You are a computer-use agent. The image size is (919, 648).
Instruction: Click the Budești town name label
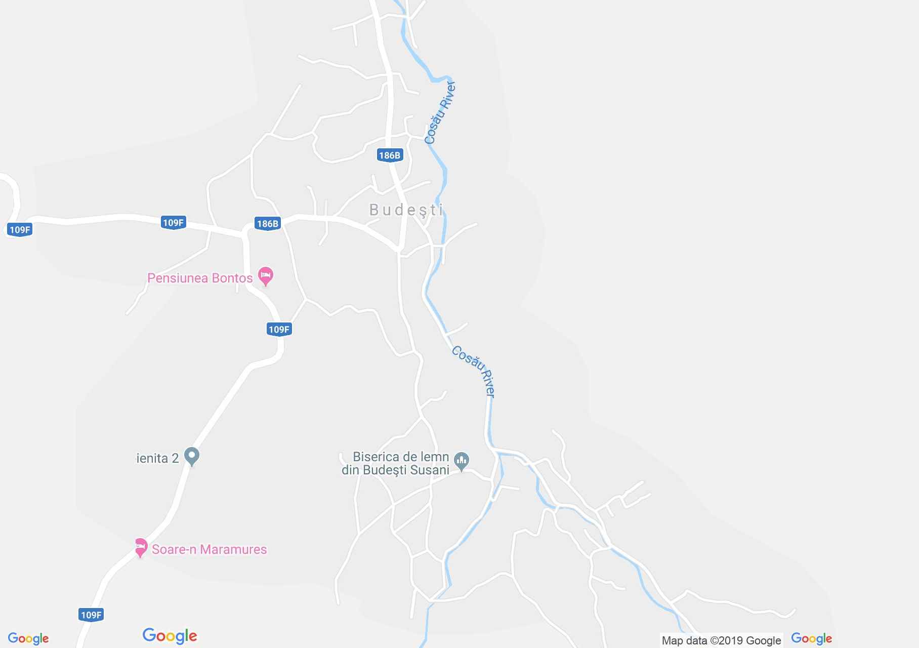click(406, 210)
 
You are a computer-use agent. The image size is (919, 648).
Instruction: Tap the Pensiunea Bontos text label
click(200, 278)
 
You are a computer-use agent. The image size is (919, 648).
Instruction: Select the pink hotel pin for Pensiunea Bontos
click(266, 276)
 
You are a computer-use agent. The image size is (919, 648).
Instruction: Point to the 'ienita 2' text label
click(157, 459)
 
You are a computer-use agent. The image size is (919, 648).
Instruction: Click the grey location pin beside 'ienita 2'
click(191, 456)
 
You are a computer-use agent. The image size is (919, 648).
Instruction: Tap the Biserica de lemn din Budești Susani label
click(396, 463)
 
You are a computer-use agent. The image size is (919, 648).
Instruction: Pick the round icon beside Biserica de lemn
click(461, 461)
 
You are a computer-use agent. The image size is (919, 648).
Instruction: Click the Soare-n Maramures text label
click(209, 549)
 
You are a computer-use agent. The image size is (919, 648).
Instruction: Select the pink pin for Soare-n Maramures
click(141, 548)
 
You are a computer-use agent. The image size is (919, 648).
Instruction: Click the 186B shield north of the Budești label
click(389, 155)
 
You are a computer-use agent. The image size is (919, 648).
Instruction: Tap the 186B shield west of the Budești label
click(267, 223)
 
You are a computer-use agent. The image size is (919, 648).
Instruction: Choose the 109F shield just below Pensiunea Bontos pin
click(279, 330)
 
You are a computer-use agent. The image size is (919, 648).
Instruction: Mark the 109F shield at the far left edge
click(20, 230)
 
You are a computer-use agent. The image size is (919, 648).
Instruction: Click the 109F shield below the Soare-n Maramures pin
click(91, 615)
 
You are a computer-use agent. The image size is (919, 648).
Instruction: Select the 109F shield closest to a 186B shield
click(173, 223)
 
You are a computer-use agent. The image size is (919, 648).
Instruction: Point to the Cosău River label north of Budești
click(440, 112)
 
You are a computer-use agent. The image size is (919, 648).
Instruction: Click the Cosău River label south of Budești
click(474, 372)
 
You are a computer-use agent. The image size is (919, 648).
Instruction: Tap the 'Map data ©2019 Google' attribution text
click(721, 640)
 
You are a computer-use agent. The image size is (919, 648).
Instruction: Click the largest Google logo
click(170, 636)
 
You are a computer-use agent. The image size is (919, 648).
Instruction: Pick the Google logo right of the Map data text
click(811, 639)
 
